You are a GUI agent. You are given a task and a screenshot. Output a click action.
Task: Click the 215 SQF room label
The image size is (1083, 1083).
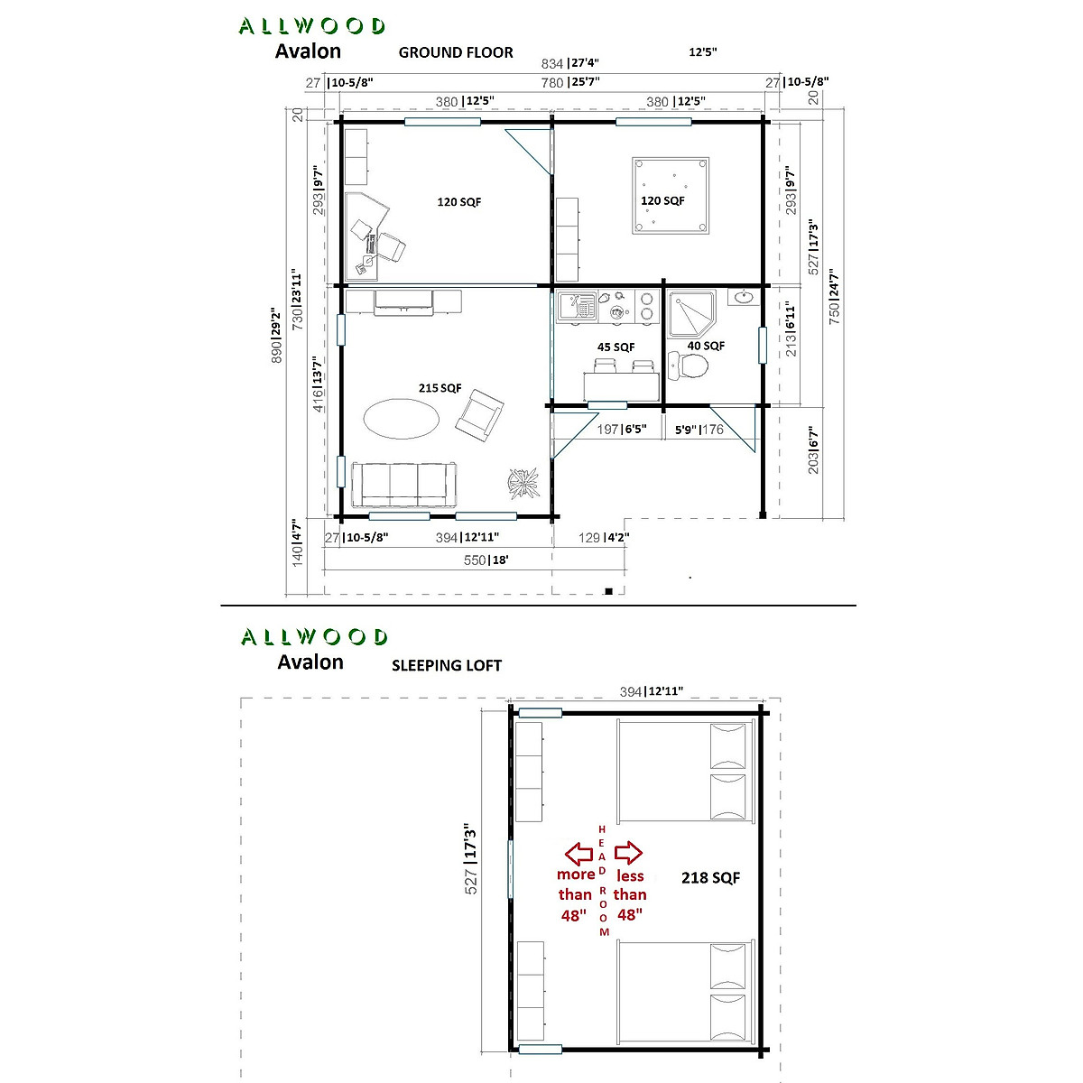(440, 388)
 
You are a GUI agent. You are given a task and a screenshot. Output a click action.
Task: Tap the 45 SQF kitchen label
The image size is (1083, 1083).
(616, 347)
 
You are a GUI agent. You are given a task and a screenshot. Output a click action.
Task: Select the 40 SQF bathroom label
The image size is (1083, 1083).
(706, 346)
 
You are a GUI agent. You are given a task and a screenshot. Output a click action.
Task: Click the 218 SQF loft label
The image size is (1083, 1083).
(710, 877)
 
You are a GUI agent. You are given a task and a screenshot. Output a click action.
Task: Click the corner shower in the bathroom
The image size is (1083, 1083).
(690, 312)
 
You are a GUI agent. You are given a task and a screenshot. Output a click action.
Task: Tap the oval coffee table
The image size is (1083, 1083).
(402, 417)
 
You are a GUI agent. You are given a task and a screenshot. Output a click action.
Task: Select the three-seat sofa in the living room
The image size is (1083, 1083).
(404, 485)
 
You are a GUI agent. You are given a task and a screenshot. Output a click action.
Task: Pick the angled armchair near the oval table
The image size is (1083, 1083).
(479, 414)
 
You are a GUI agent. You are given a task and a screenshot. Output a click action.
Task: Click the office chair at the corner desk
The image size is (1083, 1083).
(391, 246)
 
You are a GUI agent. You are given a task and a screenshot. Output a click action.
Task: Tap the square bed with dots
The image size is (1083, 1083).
(671, 195)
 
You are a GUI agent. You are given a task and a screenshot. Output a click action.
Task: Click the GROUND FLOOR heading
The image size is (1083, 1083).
(456, 52)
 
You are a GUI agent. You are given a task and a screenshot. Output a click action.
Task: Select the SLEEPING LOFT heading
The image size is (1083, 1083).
(446, 665)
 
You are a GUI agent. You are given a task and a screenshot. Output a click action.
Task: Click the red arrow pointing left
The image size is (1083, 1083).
(579, 852)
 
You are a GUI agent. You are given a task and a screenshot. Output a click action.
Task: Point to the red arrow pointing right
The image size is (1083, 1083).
(627, 852)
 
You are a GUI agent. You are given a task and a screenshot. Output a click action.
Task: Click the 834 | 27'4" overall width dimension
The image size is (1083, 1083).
(569, 63)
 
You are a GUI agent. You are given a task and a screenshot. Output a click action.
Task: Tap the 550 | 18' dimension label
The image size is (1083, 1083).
(485, 560)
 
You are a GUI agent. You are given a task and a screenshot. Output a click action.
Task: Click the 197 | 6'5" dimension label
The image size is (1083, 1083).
(622, 429)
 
